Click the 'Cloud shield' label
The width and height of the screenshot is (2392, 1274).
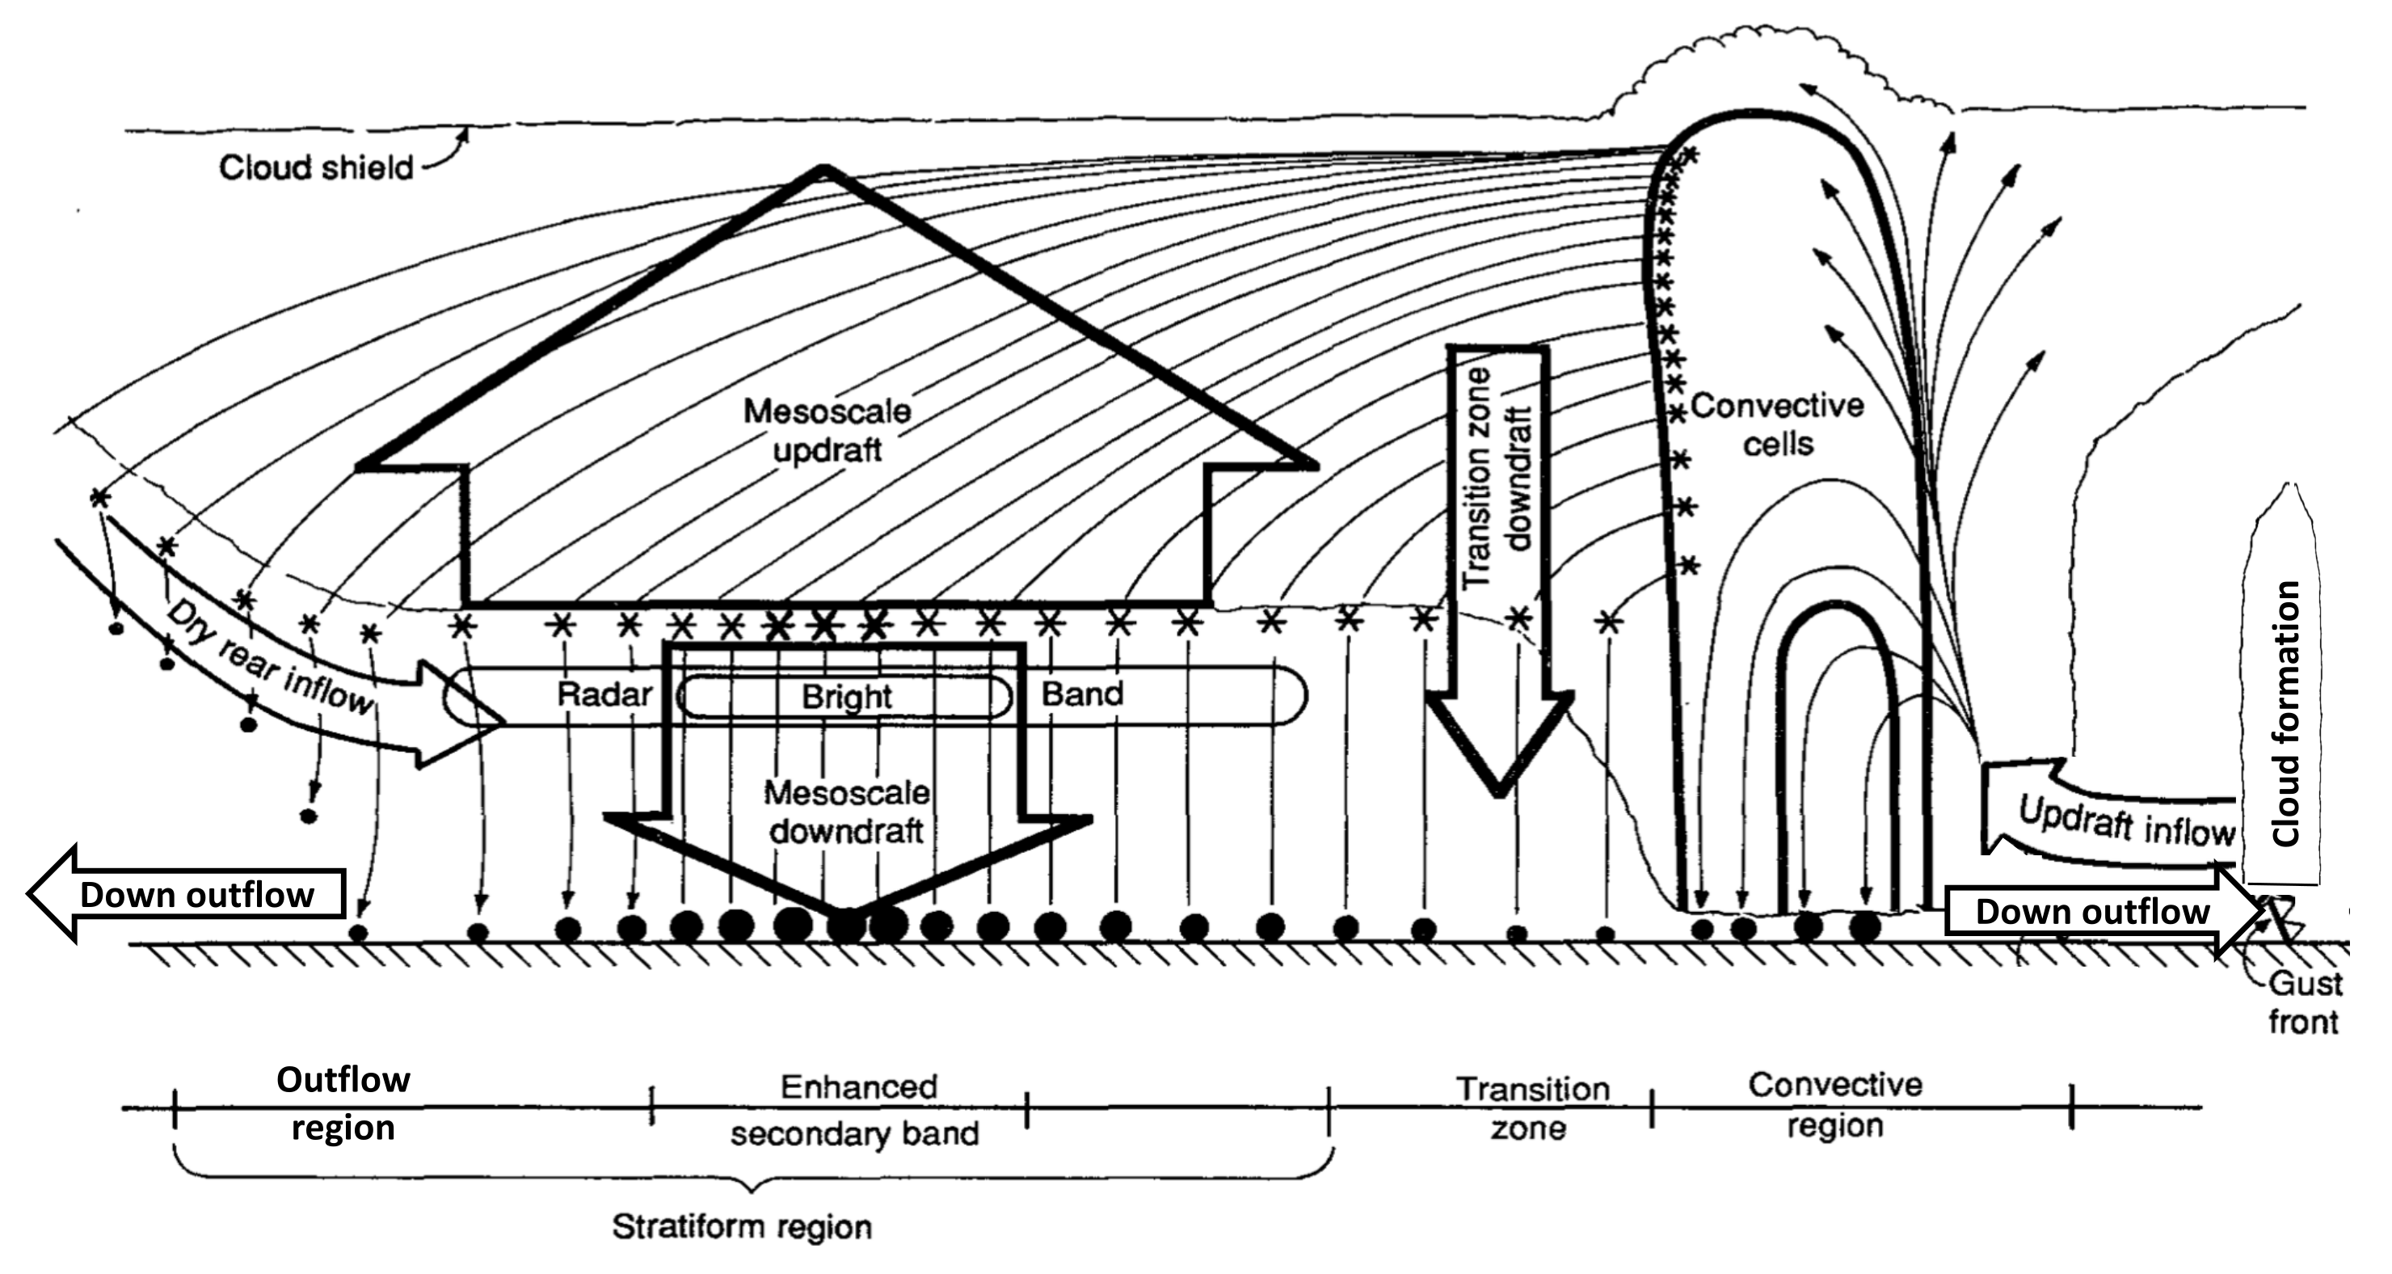[316, 168]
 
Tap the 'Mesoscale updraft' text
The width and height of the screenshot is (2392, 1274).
[828, 431]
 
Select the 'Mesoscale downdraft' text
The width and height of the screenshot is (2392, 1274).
[846, 812]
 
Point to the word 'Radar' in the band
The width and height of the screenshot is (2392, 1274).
[604, 694]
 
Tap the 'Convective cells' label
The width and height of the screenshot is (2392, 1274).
[1777, 424]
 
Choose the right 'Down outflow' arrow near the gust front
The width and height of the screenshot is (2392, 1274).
[2094, 911]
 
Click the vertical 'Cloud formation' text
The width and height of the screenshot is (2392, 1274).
[2286, 713]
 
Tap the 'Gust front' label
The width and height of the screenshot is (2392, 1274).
[2303, 1003]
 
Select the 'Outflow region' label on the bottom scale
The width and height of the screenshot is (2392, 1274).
[343, 1103]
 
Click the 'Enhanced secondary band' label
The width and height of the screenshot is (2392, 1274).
[856, 1110]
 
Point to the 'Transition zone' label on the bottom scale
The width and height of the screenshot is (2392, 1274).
[1531, 1107]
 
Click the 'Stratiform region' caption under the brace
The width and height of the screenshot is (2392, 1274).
[742, 1226]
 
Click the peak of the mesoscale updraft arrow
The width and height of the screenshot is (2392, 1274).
[823, 169]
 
